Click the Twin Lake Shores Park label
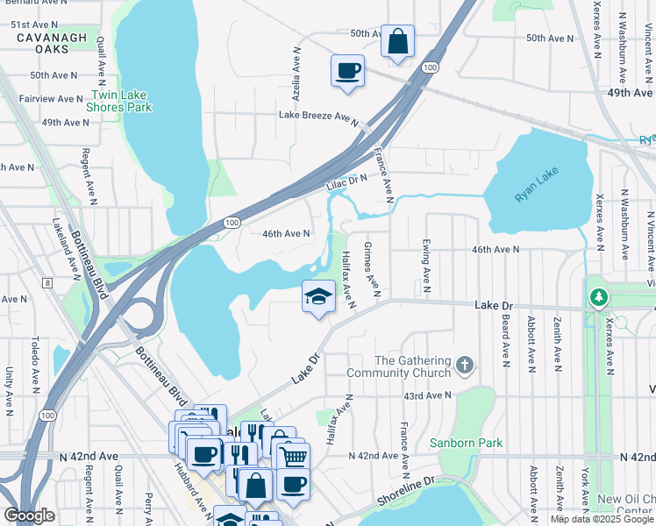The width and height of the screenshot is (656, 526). (120, 101)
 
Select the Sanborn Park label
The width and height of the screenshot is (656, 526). (466, 443)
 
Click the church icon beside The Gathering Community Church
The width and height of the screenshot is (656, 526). (465, 363)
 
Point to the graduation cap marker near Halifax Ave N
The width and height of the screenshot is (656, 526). (318, 297)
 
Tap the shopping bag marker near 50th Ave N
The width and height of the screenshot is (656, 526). (397, 41)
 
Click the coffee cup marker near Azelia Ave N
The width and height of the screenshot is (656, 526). (347, 71)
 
